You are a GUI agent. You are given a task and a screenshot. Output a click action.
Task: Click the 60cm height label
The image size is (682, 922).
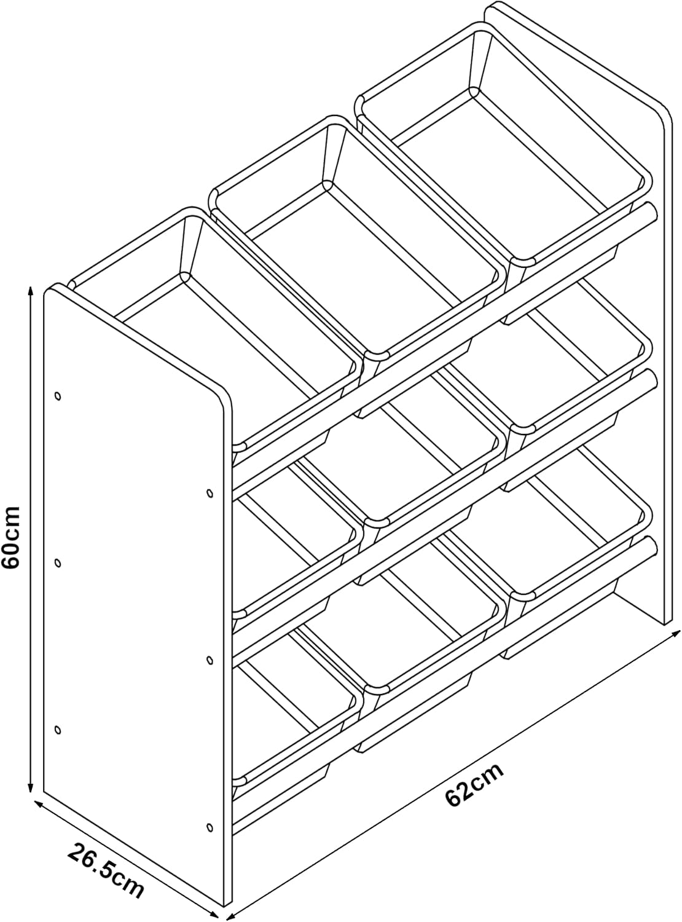(x=11, y=537)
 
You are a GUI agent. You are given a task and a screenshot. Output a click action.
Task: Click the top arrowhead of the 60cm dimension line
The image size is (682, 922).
(x=30, y=291)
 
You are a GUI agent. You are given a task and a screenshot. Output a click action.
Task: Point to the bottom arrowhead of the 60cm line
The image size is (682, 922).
(x=30, y=787)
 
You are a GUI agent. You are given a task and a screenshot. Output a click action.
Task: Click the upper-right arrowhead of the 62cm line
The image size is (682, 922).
(x=676, y=633)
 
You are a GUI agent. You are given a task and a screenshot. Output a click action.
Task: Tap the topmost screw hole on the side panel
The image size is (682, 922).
(x=58, y=396)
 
